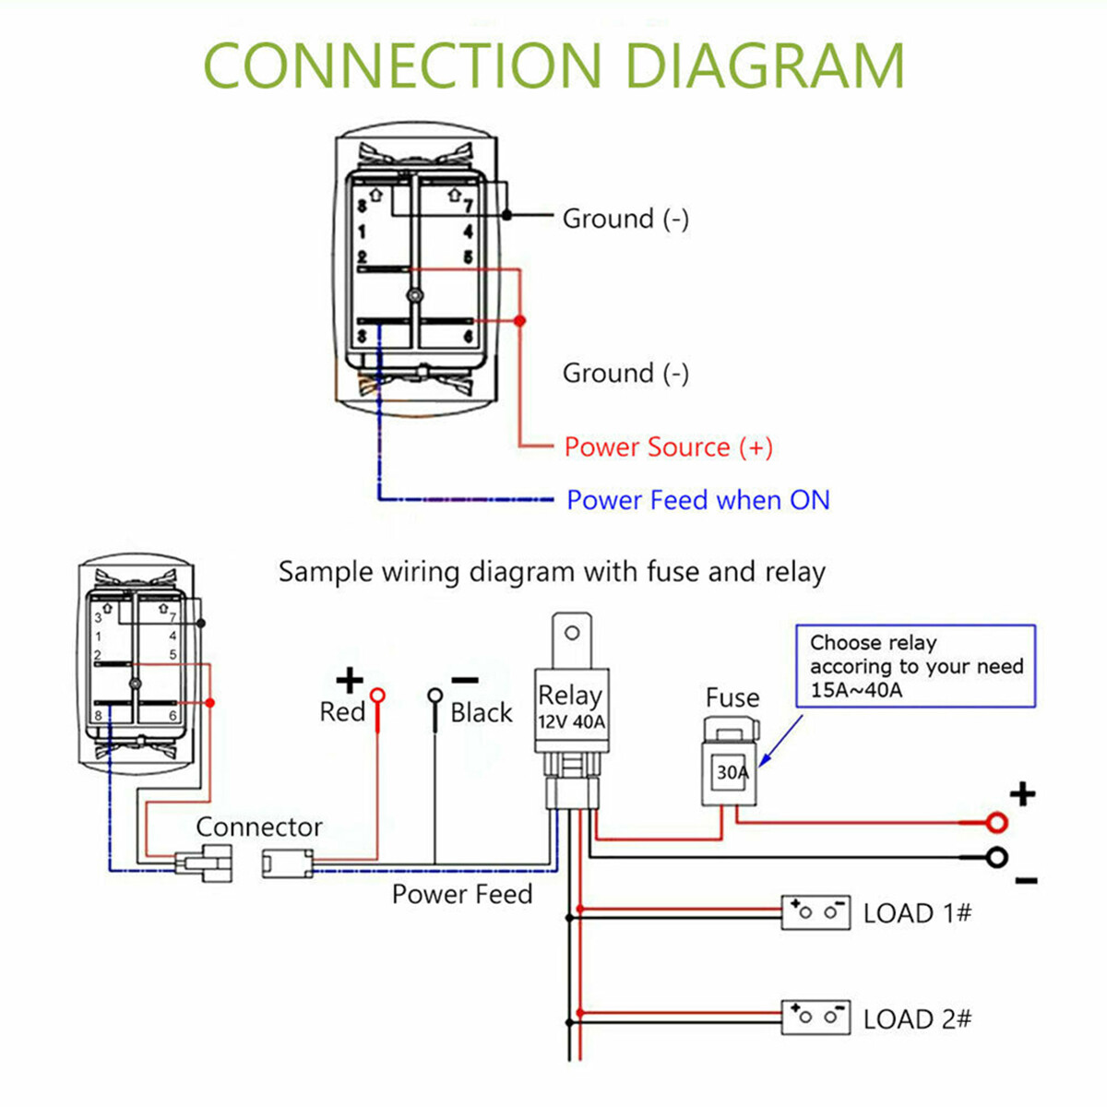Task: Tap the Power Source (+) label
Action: [x=668, y=447]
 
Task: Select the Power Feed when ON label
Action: [x=697, y=500]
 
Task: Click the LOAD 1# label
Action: [x=917, y=913]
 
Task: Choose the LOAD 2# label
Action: [x=917, y=1019]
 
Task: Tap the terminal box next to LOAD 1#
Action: [x=815, y=912]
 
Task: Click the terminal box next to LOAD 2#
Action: [x=815, y=1018]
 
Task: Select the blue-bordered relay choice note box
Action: [x=915, y=666]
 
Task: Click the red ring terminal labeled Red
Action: [x=377, y=696]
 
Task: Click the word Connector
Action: [x=259, y=827]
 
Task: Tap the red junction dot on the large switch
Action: [x=519, y=320]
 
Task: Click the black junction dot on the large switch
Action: [x=506, y=215]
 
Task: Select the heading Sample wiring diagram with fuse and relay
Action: [x=552, y=572]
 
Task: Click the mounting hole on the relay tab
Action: [x=572, y=633]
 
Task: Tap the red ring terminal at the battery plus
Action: [x=996, y=822]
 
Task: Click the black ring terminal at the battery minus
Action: [x=996, y=858]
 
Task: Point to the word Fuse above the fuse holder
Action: [x=732, y=697]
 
